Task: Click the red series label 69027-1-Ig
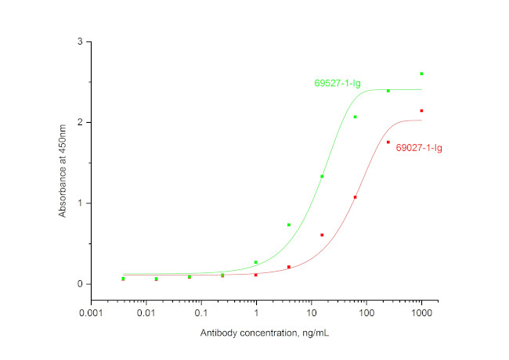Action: pyautogui.click(x=419, y=147)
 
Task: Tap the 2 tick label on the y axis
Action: pyautogui.click(x=79, y=122)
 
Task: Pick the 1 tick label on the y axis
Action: pyautogui.click(x=79, y=203)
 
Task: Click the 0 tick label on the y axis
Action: pyautogui.click(x=79, y=284)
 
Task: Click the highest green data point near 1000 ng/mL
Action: pyautogui.click(x=421, y=74)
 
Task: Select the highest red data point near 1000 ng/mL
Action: pyautogui.click(x=421, y=110)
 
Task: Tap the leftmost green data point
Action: pyautogui.click(x=123, y=279)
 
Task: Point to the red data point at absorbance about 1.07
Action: pyautogui.click(x=355, y=197)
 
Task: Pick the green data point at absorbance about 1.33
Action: pyautogui.click(x=322, y=176)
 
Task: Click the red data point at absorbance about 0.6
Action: pyautogui.click(x=322, y=235)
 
